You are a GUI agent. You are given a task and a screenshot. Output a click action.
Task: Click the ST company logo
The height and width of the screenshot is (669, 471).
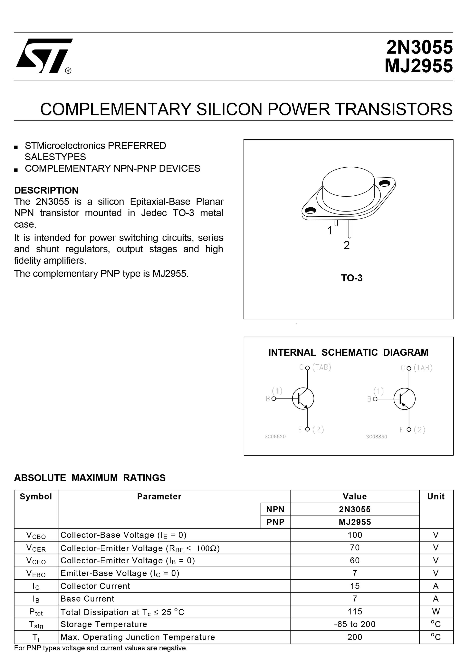(44, 56)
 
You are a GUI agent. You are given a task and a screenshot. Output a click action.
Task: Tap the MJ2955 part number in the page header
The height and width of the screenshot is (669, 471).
(418, 66)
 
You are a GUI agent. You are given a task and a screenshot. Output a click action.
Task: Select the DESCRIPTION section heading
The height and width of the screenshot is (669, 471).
(46, 190)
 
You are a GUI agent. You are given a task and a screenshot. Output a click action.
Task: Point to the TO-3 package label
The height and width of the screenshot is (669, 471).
(351, 278)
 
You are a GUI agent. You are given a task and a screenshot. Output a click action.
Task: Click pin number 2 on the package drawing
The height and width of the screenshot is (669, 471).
(346, 245)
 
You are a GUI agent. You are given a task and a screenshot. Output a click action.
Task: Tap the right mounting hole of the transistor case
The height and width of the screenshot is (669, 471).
(385, 183)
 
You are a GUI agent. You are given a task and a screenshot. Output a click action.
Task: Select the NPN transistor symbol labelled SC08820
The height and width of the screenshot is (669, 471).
(303, 398)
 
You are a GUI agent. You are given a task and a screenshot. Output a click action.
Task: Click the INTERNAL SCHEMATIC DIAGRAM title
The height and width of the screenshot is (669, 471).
(348, 353)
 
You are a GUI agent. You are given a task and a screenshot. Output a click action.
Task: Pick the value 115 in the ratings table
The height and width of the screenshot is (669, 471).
(355, 611)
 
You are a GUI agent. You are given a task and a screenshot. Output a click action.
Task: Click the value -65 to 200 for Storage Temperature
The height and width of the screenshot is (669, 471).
(355, 624)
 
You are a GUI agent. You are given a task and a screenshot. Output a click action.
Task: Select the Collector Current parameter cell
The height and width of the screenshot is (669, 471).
(95, 586)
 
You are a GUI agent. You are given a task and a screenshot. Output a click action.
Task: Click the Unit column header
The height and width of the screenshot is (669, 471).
(436, 497)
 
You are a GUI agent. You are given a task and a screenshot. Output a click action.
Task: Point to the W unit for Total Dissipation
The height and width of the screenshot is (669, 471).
(436, 611)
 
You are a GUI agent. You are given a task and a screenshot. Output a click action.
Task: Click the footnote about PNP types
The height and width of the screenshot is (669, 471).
(101, 648)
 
